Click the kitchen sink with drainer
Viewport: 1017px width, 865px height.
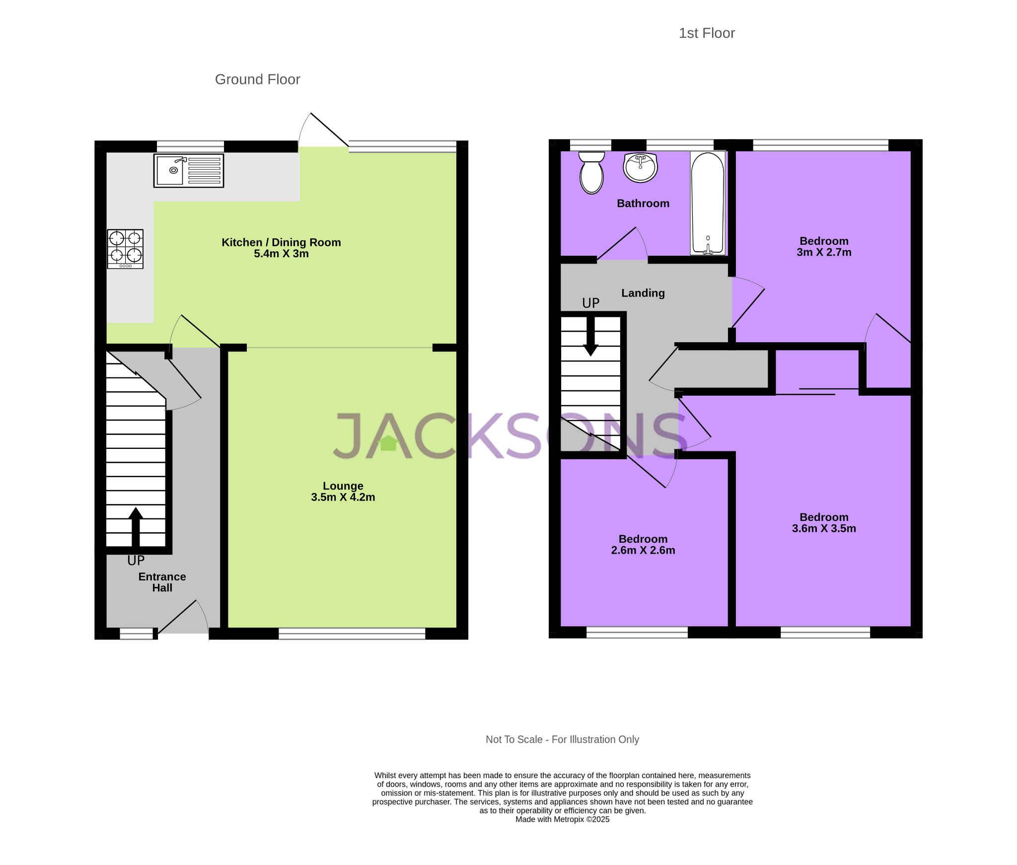click(189, 170)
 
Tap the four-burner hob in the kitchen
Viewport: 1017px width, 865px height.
click(125, 249)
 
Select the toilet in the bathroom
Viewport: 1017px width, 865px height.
click(591, 173)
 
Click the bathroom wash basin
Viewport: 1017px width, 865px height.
click(641, 167)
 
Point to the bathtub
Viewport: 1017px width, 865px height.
click(708, 203)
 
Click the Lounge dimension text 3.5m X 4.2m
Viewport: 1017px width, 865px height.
click(343, 497)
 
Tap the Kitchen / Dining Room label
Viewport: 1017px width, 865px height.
click(281, 242)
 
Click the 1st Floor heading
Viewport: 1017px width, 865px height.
click(706, 33)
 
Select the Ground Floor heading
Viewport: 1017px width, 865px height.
click(257, 79)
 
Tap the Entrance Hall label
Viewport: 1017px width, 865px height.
click(162, 582)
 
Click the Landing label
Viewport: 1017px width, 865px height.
click(643, 293)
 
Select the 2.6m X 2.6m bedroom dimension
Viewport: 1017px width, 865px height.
click(643, 550)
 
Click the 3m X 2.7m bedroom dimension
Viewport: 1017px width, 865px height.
click(824, 252)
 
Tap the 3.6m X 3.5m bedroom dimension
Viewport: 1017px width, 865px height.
click(824, 528)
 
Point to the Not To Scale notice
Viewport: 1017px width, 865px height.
click(562, 739)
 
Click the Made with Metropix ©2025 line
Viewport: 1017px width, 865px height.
click(562, 819)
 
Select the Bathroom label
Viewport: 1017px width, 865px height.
click(643, 203)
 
